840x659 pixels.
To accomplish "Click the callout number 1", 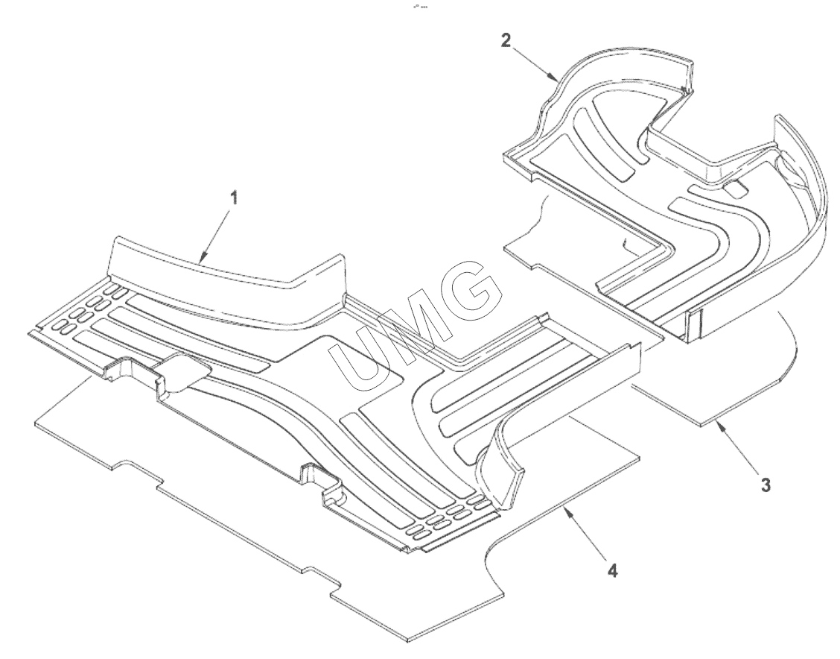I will coord(233,198).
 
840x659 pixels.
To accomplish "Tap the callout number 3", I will coord(766,484).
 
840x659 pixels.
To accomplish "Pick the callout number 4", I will coord(611,570).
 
